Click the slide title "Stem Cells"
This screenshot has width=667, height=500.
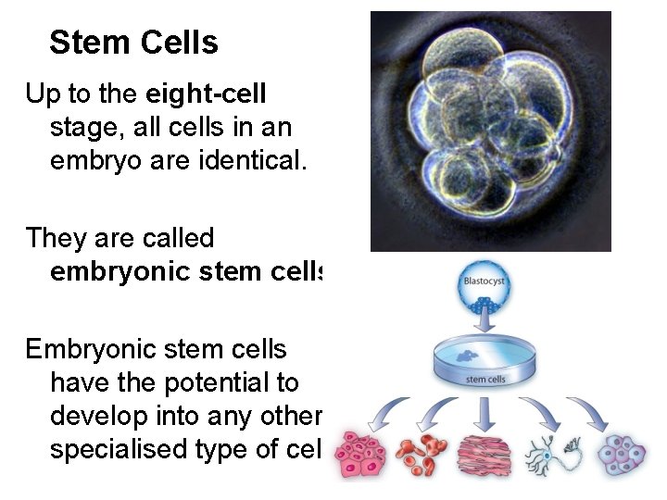click(133, 43)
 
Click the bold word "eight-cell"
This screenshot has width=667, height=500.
click(206, 94)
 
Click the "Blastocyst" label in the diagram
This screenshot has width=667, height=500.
click(485, 281)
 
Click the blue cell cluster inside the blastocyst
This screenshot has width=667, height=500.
click(485, 305)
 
